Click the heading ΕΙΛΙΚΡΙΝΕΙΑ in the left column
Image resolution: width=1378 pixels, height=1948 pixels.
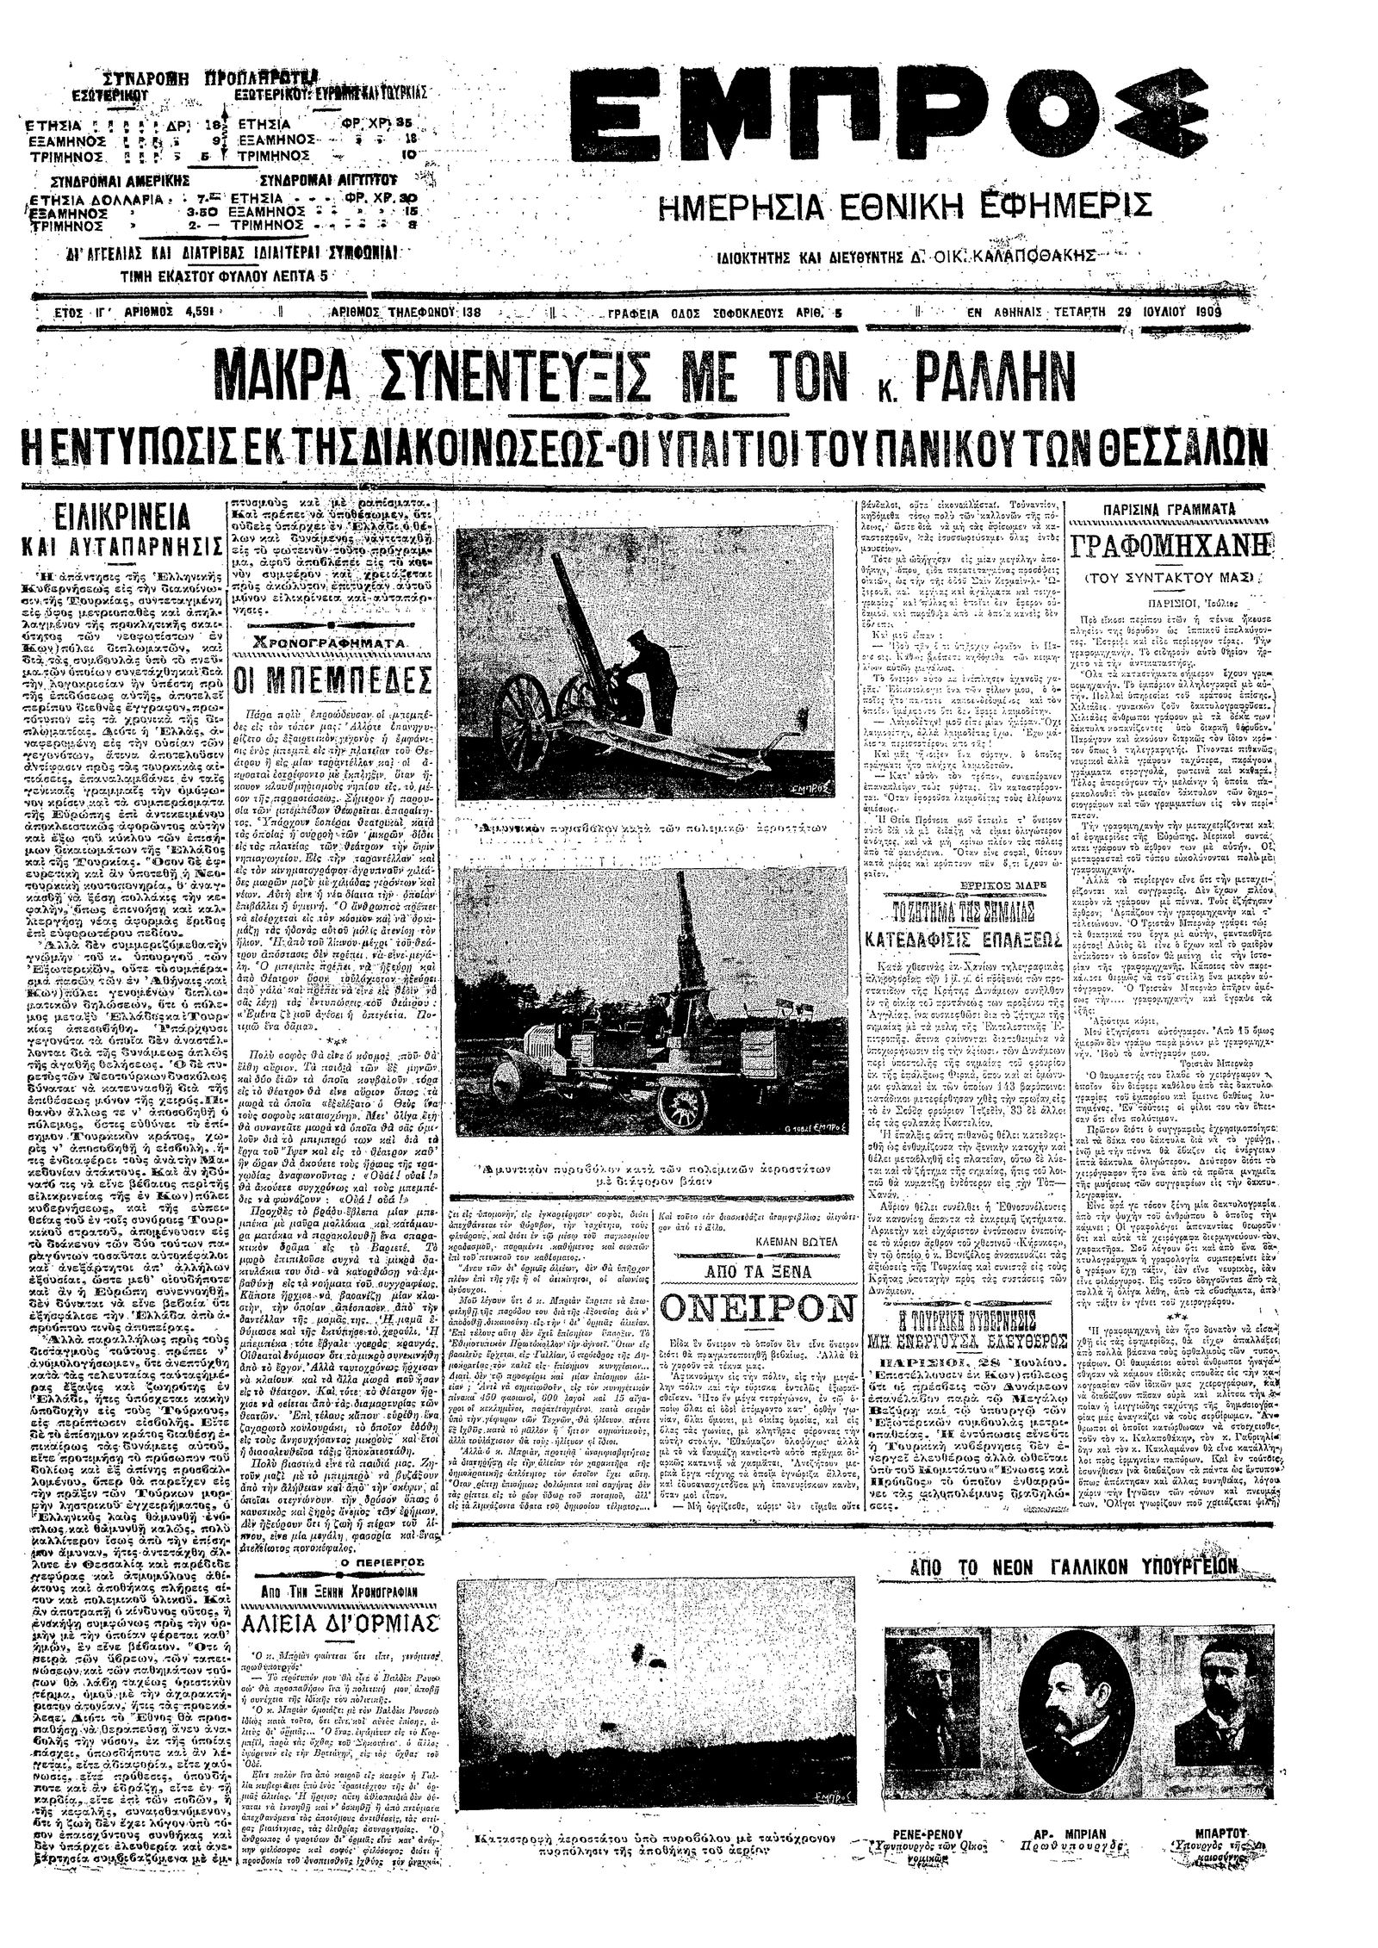[x=121, y=518]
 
